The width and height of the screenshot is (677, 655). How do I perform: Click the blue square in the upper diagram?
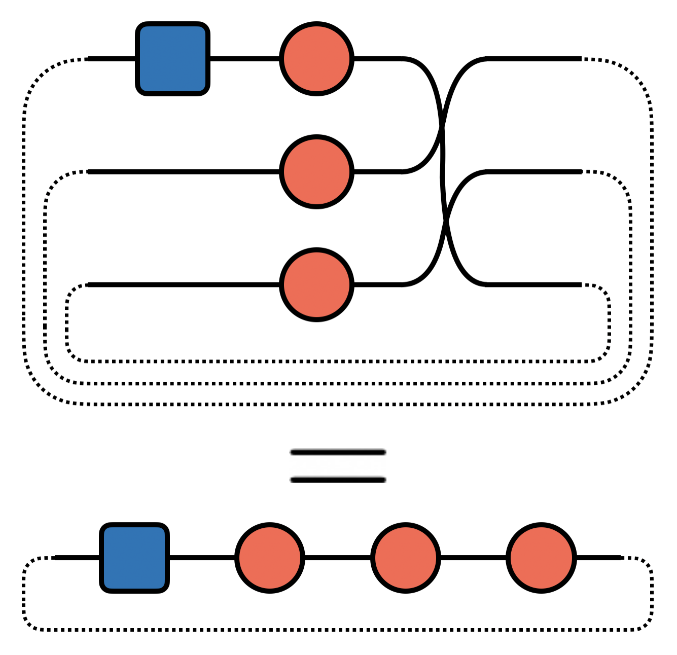(x=172, y=59)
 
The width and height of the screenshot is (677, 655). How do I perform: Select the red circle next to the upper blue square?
(x=316, y=59)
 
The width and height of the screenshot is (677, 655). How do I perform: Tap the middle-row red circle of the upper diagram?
(x=316, y=172)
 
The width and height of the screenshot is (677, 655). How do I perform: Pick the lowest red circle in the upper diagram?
(x=316, y=285)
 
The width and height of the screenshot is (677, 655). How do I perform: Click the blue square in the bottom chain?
(x=134, y=558)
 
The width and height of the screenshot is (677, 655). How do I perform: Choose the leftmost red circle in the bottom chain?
(x=270, y=558)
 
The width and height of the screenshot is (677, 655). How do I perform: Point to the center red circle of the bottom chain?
(x=405, y=558)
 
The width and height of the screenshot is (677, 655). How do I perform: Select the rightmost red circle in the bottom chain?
(x=541, y=558)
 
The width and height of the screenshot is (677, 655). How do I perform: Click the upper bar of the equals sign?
(x=338, y=452)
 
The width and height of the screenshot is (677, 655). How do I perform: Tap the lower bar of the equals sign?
(x=338, y=480)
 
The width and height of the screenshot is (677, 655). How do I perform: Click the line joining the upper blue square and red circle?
(x=244, y=59)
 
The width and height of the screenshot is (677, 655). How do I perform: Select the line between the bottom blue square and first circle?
(x=202, y=558)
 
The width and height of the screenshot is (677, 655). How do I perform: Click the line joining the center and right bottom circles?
(x=473, y=558)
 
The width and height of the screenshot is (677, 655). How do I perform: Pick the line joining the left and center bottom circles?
(x=338, y=558)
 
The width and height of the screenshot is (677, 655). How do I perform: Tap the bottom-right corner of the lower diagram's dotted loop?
(x=647, y=625)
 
